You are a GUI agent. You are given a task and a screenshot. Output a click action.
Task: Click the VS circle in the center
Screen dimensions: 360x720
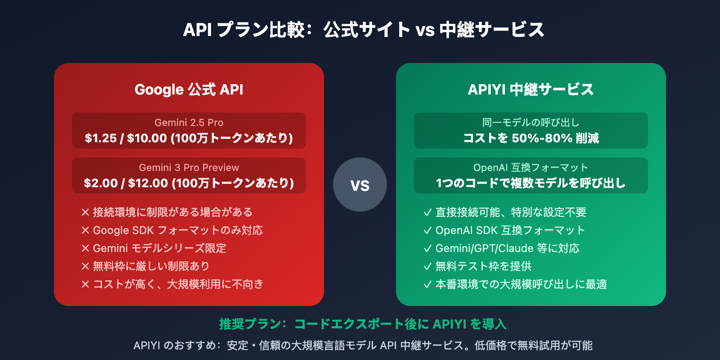coord(360,184)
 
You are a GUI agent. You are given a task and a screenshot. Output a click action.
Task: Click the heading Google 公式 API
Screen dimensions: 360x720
coord(189,89)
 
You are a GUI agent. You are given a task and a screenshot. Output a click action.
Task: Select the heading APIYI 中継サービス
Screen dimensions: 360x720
coord(531,89)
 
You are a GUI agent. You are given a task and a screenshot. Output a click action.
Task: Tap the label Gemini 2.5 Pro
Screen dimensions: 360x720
coord(189,122)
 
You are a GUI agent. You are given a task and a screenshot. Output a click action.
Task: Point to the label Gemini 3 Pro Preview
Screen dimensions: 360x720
coord(189,167)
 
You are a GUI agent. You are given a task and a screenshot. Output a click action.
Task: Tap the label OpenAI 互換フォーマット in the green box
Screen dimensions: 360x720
coord(531,167)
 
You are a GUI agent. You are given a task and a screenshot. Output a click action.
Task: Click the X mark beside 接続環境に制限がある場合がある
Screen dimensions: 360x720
coord(85,212)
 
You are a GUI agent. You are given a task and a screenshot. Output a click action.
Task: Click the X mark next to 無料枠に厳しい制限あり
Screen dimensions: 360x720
coord(85,266)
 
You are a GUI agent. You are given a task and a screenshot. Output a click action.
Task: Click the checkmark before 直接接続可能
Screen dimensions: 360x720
coord(427,212)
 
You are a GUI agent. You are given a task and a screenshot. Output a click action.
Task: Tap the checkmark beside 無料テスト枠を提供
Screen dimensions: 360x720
coord(427,266)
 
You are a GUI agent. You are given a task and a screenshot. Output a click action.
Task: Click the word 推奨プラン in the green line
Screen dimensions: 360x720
coord(250,324)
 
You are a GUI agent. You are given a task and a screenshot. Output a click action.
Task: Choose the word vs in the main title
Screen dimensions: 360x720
coord(425,30)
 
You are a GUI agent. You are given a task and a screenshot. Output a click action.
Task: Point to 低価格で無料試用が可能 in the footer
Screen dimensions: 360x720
coord(534,346)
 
